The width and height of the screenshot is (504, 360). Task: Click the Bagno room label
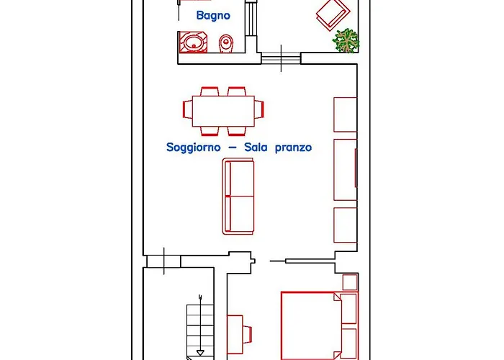pos(213,15)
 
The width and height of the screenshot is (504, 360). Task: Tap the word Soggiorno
pos(194,148)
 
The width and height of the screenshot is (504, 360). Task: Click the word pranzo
pos(294,148)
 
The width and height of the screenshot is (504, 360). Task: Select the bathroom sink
pos(192,42)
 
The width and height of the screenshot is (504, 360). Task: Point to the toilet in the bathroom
pos(227,43)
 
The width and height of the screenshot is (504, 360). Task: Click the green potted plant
pos(346,40)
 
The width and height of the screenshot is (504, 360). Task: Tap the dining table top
pos(223,111)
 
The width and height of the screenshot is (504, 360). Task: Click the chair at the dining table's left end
pos(188,109)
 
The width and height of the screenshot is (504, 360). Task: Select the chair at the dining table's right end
pos(259,109)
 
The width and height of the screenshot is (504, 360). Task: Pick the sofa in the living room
pos(238,196)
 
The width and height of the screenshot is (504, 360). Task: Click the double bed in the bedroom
pos(320,325)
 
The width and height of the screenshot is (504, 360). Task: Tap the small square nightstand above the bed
pos(350,282)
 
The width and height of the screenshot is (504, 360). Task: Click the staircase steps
pos(200,330)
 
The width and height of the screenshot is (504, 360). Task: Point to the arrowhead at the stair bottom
pos(200,353)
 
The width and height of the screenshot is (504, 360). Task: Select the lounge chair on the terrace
pos(333,14)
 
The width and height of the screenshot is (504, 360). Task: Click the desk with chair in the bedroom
pos(239,335)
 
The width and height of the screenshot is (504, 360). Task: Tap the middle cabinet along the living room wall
pos(346,170)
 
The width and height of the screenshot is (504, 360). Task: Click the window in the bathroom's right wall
pos(251,19)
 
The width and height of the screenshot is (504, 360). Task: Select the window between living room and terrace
pos(281,58)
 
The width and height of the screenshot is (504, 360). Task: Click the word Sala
pos(256,147)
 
